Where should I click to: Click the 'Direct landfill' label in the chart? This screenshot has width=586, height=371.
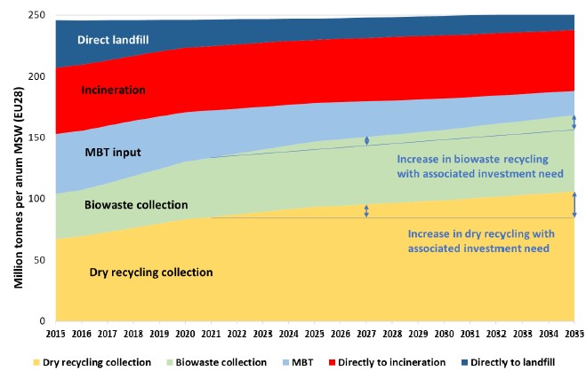tap(113, 40)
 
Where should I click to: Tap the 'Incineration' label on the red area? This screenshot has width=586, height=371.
tap(113, 90)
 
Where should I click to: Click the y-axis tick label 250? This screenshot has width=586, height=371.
tap(36, 16)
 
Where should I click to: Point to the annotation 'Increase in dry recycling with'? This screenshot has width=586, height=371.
tap(479, 234)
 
